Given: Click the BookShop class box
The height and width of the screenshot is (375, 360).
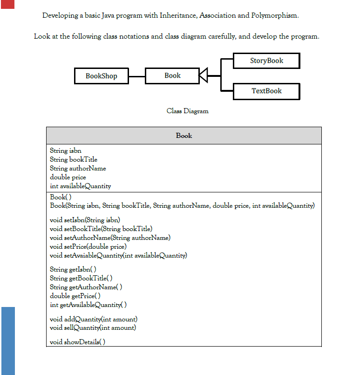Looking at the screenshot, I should coord(102,76).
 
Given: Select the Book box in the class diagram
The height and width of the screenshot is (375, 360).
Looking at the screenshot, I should coord(172,75).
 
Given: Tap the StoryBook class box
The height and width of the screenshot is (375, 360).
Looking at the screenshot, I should coord(266,61).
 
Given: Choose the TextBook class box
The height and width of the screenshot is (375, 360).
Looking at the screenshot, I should coord(266,91).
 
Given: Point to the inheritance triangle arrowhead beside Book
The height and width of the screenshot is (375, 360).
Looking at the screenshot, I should coord(203,75).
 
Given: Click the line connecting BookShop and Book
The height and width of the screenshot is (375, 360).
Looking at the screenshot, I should coord(137,76).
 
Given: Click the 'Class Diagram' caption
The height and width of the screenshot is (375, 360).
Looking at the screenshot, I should coord(187,111).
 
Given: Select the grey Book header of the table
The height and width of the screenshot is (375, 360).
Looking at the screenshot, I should coord(183,136).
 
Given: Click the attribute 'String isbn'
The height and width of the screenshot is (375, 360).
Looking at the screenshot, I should coord(66,150).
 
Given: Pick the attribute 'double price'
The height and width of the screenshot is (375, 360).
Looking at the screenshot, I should coord(68,177).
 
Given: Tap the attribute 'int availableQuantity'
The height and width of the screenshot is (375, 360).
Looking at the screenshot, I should coord(80,186).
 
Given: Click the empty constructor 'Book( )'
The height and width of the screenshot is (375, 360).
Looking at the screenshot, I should coord(61,197).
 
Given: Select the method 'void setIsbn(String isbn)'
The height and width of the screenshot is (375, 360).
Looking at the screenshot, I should coord(85,220).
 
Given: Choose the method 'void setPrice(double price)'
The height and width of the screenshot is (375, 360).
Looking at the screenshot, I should coord(88,246).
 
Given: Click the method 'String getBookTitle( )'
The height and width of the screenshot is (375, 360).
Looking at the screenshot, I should coord(81,278).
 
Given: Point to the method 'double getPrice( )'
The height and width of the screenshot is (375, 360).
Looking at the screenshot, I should coord(75,296).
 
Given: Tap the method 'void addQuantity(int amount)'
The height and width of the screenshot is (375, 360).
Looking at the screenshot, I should coord(93,319).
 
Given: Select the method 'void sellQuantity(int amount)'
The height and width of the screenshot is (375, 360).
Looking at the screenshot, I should coord(93,327).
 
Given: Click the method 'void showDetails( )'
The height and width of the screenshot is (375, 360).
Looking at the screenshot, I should coord(77,342).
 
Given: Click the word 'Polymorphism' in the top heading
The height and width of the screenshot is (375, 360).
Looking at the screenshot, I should coord(274,15).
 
